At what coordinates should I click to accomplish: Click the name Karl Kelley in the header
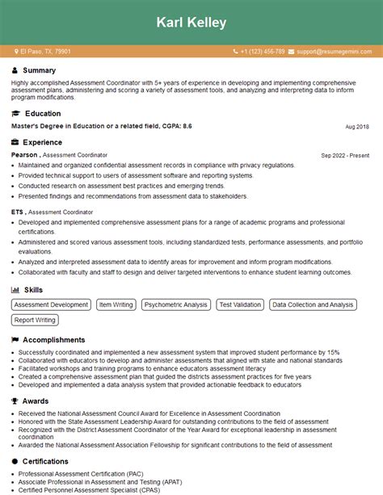click(191, 23)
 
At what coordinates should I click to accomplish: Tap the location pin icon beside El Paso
click(16, 52)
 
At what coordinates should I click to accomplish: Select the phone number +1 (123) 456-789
click(262, 52)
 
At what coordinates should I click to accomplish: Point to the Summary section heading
click(40, 70)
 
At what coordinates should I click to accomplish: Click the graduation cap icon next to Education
click(15, 114)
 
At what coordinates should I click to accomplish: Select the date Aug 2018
click(356, 127)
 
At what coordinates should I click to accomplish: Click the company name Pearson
click(24, 154)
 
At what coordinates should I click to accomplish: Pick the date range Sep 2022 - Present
click(345, 155)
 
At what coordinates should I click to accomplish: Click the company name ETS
click(18, 212)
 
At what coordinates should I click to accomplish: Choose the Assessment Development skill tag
click(51, 304)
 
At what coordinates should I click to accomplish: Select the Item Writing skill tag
click(116, 304)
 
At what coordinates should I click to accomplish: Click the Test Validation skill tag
click(240, 304)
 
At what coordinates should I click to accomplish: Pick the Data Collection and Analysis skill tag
click(313, 304)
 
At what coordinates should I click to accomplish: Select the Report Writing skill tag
click(35, 320)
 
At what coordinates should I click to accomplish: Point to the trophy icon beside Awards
click(15, 400)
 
